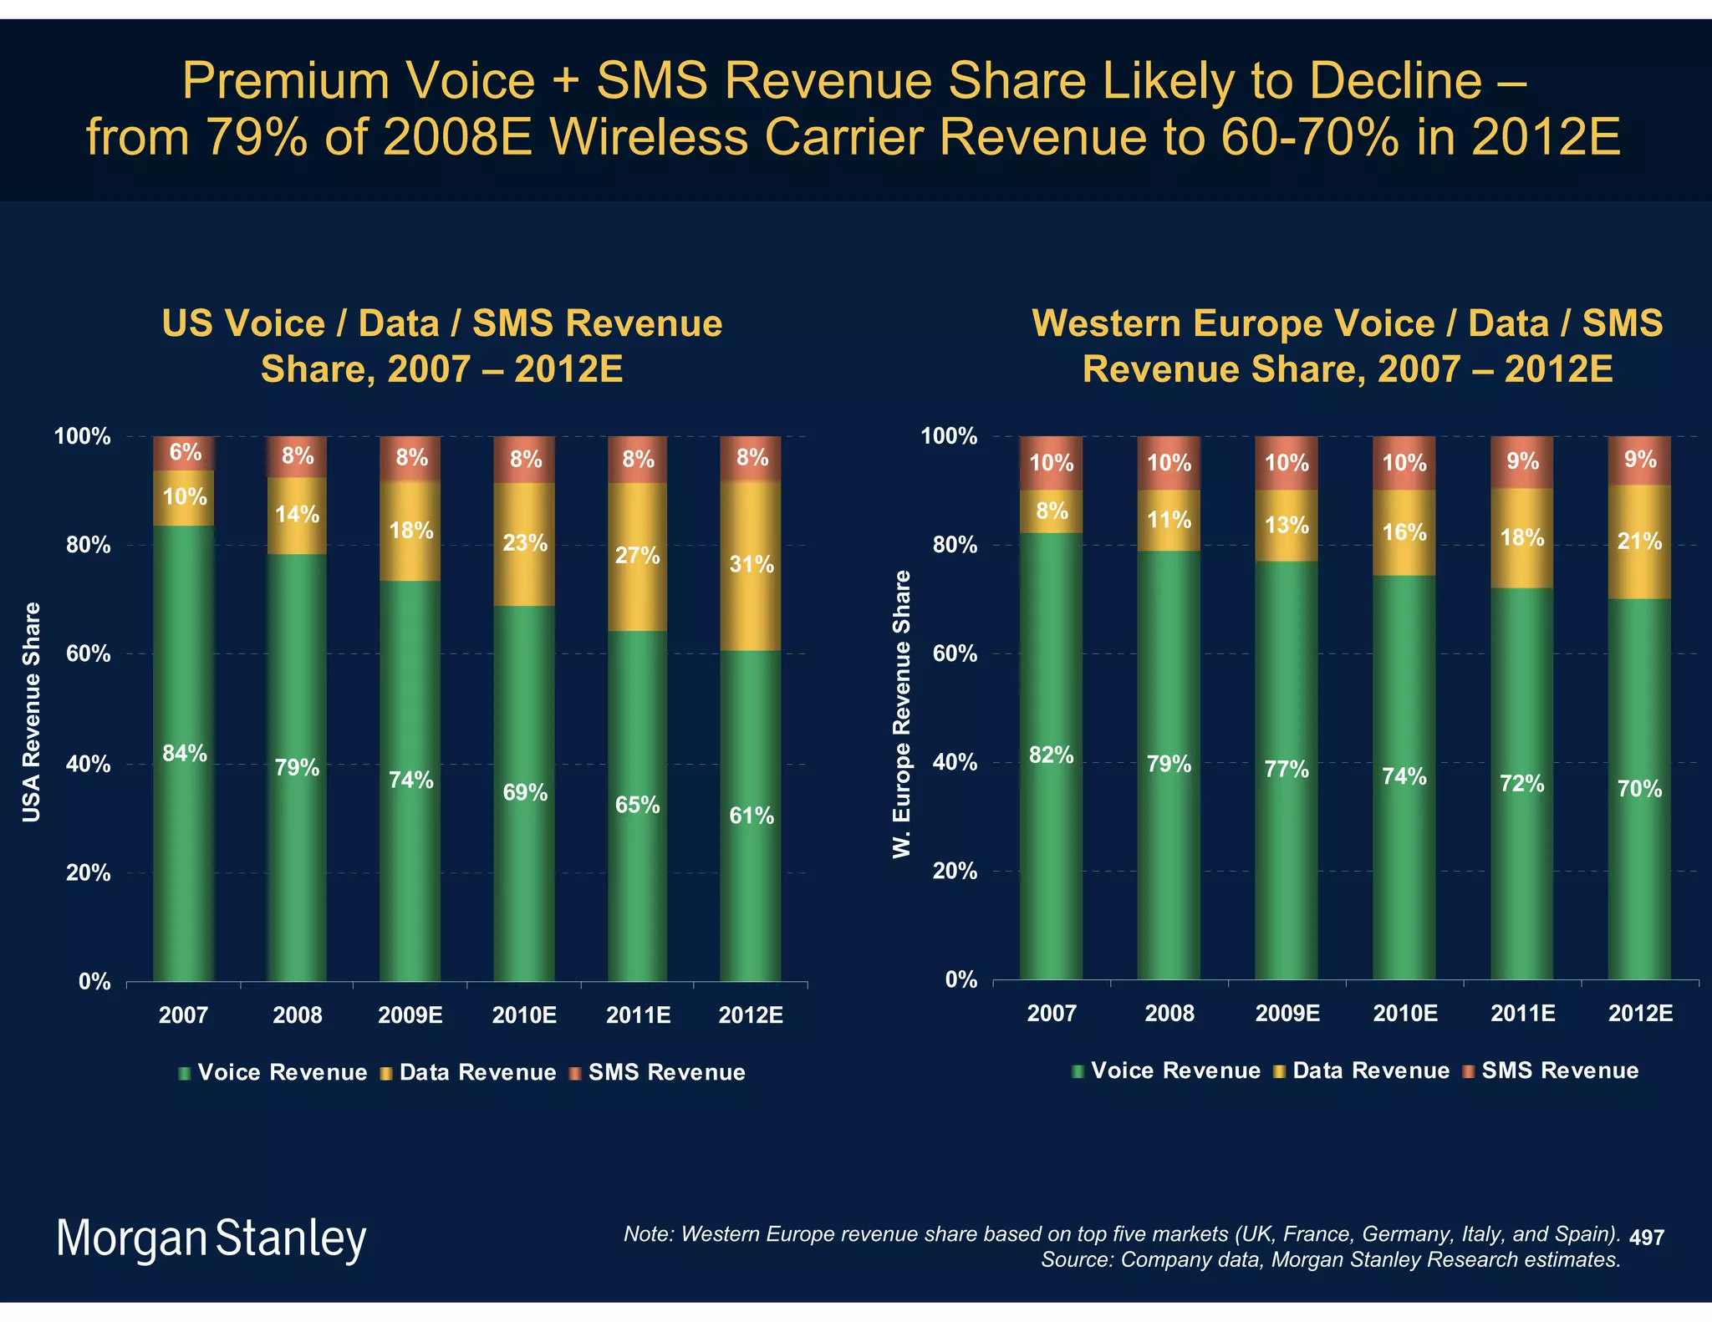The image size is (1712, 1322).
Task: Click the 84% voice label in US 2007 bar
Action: [x=185, y=754]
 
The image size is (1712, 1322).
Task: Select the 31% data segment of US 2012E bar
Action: [x=751, y=565]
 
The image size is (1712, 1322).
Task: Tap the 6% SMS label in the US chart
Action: [x=186, y=453]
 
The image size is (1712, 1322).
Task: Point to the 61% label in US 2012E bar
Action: [x=751, y=816]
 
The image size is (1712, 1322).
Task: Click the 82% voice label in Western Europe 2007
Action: [x=1051, y=755]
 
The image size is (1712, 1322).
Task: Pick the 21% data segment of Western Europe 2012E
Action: [x=1639, y=542]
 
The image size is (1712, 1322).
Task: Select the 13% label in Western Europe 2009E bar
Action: [x=1287, y=526]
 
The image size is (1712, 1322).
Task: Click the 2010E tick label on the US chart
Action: [x=524, y=1016]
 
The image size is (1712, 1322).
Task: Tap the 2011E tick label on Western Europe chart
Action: [x=1522, y=1014]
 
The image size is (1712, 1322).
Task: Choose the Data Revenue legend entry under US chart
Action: [x=476, y=1073]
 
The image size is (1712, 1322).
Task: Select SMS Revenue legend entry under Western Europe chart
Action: [x=1559, y=1071]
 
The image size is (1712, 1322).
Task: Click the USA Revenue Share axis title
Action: [x=32, y=712]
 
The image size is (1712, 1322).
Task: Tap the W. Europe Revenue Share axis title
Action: [x=901, y=714]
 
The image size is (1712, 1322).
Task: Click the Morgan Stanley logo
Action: [x=211, y=1238]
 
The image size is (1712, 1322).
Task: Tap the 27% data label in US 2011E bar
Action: [x=637, y=556]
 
